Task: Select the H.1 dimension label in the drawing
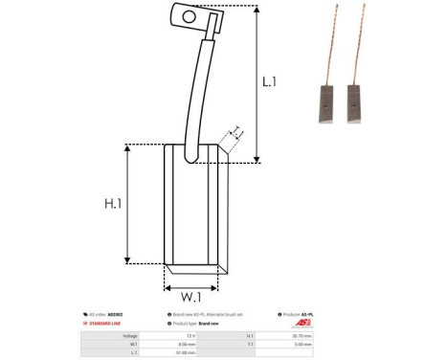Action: tap(114, 202)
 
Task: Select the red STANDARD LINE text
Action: tap(112, 325)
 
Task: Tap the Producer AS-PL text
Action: tap(300, 314)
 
